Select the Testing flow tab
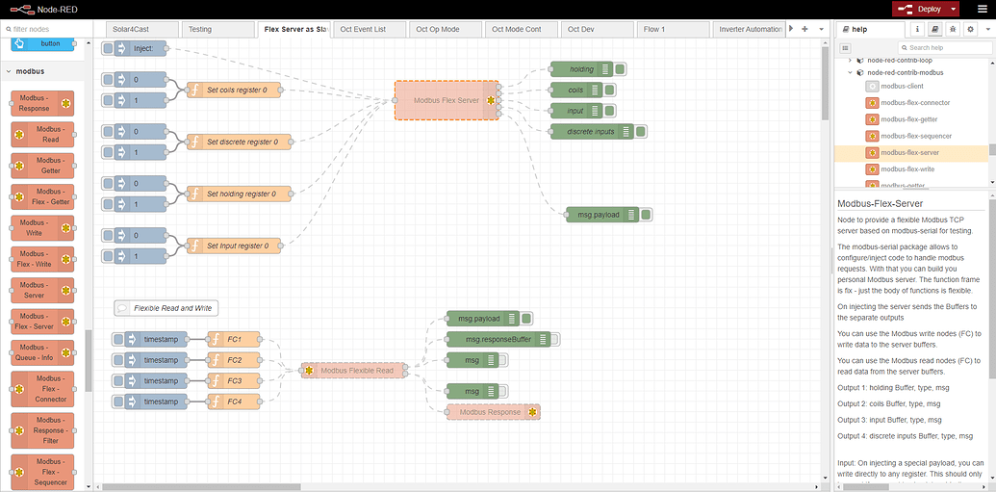coord(200,29)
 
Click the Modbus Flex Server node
coord(447,100)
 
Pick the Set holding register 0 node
coord(238,194)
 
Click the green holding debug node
coord(581,69)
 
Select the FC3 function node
coord(234,380)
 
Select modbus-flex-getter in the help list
coord(908,119)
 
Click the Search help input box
coord(948,47)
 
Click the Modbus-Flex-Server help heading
coord(880,204)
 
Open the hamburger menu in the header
coord(982,9)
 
